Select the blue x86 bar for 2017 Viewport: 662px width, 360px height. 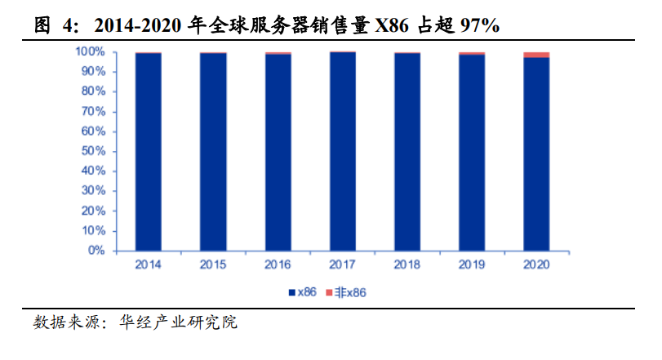point(343,151)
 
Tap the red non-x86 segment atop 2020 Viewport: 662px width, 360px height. point(536,55)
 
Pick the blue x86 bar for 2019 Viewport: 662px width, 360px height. point(472,151)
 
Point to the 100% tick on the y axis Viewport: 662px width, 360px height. point(91,51)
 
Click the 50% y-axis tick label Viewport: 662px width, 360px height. point(93,151)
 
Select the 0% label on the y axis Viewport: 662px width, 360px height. point(96,251)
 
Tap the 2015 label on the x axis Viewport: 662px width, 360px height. point(213,264)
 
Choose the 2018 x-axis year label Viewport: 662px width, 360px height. point(407,264)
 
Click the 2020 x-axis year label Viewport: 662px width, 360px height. point(536,264)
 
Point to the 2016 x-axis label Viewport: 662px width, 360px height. point(278,264)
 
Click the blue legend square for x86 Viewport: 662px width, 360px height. point(291,291)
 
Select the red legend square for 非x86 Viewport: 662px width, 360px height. point(331,291)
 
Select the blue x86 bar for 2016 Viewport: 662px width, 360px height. point(278,152)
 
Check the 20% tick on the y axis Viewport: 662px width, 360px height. point(93,211)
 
